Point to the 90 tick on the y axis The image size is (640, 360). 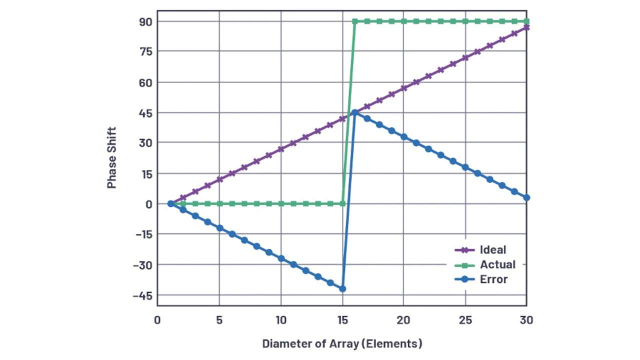click(138, 21)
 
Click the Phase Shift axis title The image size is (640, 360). click(111, 158)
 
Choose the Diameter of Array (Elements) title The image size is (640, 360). click(342, 344)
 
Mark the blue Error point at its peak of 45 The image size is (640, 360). click(354, 112)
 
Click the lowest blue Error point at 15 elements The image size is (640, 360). click(342, 289)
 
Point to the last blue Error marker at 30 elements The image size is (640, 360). click(526, 198)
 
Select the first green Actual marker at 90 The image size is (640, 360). click(354, 21)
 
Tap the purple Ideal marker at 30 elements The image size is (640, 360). click(526, 27)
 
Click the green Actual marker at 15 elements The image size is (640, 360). click(342, 204)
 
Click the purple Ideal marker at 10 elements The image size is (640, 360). click(281, 149)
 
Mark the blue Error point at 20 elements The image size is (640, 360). click(403, 137)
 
